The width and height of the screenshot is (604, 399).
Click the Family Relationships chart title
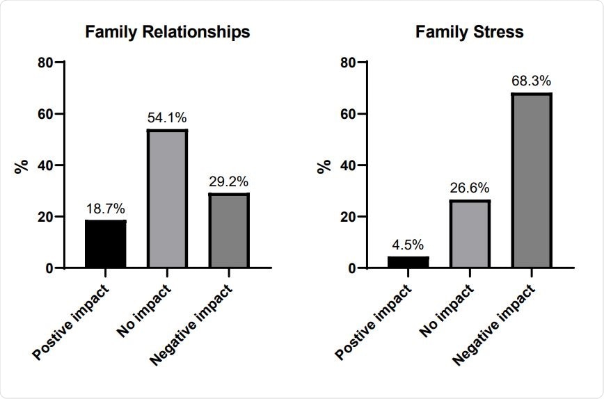[167, 32]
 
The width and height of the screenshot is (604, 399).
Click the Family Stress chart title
[469, 32]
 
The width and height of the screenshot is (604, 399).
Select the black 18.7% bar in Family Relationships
[106, 244]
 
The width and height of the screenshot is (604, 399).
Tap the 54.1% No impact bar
[167, 199]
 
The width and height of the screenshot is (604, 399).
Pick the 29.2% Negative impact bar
[229, 231]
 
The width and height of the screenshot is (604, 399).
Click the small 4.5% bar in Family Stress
[408, 262]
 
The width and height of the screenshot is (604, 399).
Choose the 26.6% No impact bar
[470, 234]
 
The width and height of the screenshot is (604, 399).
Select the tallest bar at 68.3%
[532, 181]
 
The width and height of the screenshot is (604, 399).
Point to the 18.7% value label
[106, 209]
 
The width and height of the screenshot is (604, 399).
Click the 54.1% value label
[167, 117]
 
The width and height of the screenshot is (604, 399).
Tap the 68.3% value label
[532, 81]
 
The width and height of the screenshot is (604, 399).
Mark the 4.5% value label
[408, 245]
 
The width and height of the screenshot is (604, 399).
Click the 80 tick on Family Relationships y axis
[46, 63]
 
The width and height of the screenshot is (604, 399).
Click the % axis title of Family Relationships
[22, 165]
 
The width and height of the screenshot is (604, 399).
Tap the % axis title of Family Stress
[324, 165]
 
